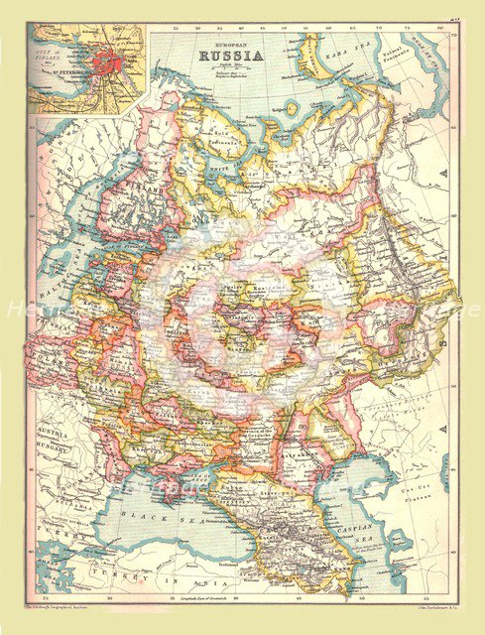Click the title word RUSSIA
(232, 56)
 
